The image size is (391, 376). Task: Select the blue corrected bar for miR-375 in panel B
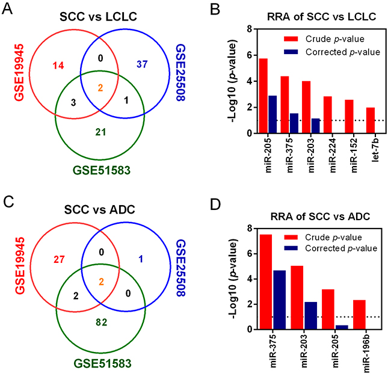(294, 123)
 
